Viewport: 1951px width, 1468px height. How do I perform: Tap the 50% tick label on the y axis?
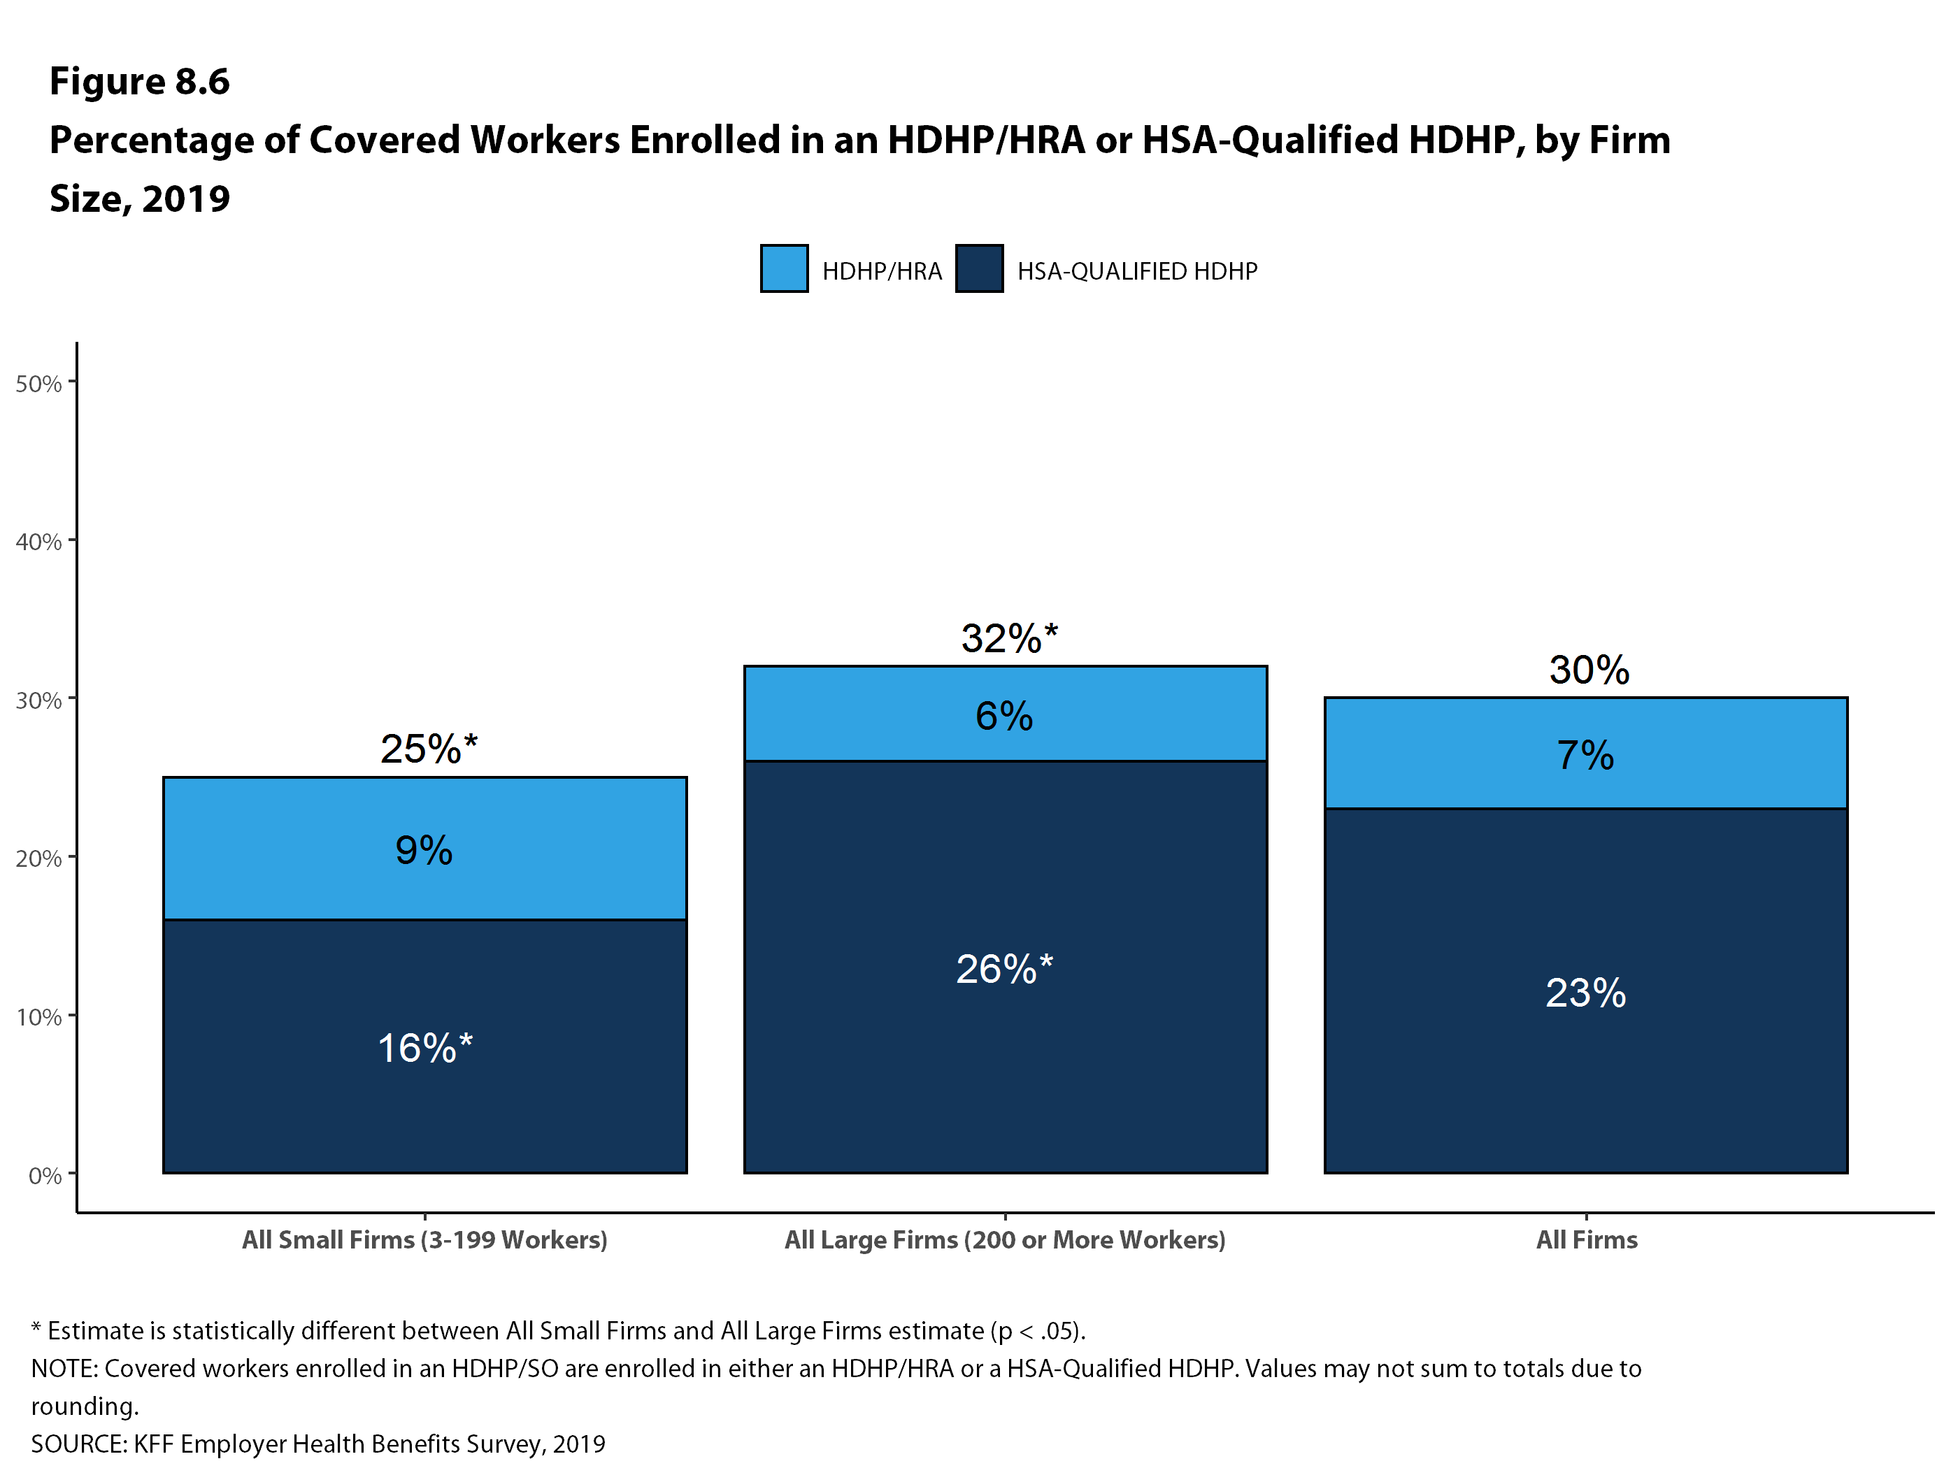coord(38,384)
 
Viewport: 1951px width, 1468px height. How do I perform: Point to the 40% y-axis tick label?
coord(38,542)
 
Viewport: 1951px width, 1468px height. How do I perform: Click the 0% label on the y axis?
coord(45,1176)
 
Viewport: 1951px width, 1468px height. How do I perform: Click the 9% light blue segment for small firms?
coord(424,849)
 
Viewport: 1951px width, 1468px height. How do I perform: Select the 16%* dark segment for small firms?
coord(424,1047)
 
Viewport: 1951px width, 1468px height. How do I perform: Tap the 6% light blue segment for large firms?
coord(1005,715)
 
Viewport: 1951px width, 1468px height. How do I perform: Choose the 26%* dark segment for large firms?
coord(1005,968)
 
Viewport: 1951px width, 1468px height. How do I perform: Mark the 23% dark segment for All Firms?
coord(1585,992)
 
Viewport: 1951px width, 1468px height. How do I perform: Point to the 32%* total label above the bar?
coord(1008,638)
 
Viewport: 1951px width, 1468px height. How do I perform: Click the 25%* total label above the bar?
coord(428,749)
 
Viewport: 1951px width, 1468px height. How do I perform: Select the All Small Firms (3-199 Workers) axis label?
coord(424,1239)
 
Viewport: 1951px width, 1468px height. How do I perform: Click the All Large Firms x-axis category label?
coord(1005,1239)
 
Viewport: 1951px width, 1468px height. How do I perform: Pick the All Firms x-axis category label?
coord(1586,1239)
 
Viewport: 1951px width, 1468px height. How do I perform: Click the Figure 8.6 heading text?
coord(139,81)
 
